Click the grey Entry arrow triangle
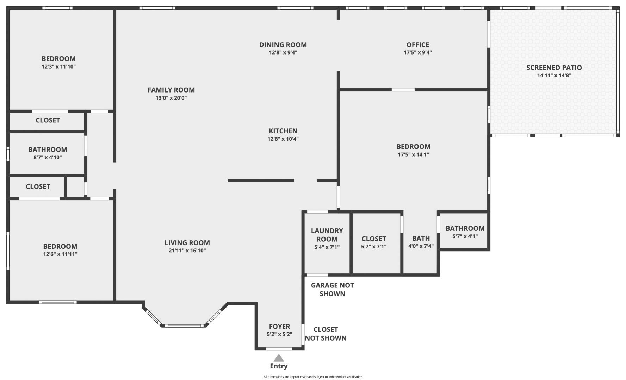coord(279,358)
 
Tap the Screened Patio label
coord(554,68)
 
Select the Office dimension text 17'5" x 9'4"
coord(418,53)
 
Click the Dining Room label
coord(283,45)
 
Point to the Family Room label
coord(171,90)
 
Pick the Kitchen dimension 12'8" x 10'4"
coord(283,139)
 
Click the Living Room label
coord(187,243)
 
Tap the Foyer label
coord(280,327)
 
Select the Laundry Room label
coord(327,235)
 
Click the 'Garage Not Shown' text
coord(332,290)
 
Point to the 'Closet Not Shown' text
coord(326,334)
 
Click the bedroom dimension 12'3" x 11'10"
coord(59,67)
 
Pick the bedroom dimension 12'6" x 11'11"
coord(60,254)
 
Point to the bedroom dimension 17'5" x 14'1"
coord(414,154)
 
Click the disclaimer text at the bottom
coord(313,377)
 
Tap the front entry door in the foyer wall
coord(279,349)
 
